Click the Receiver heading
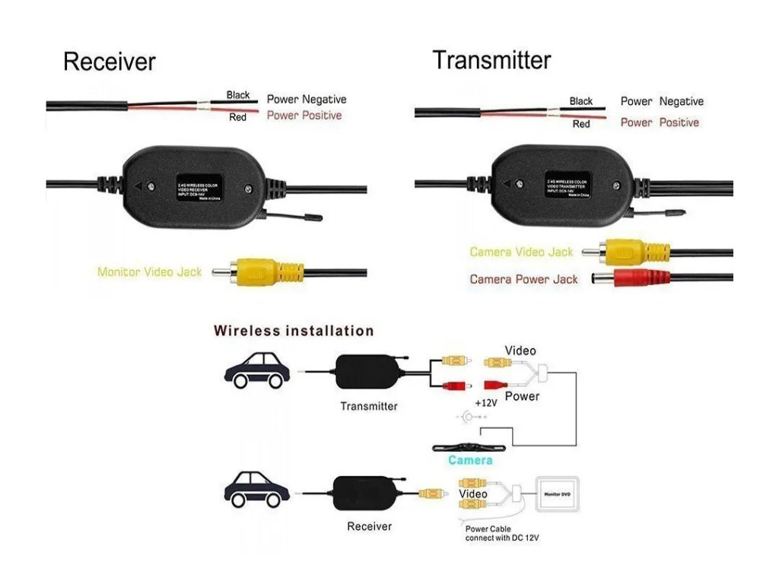109,61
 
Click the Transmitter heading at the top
491,59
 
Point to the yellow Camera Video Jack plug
631,250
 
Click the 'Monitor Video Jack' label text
149,271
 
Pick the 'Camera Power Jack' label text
523,279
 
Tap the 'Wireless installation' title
294,331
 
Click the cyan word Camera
470,460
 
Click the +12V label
485,402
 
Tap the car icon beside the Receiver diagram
257,489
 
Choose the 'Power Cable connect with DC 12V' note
501,534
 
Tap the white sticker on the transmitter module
569,185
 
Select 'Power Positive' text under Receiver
304,116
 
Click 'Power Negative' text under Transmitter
661,101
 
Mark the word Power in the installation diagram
522,396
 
